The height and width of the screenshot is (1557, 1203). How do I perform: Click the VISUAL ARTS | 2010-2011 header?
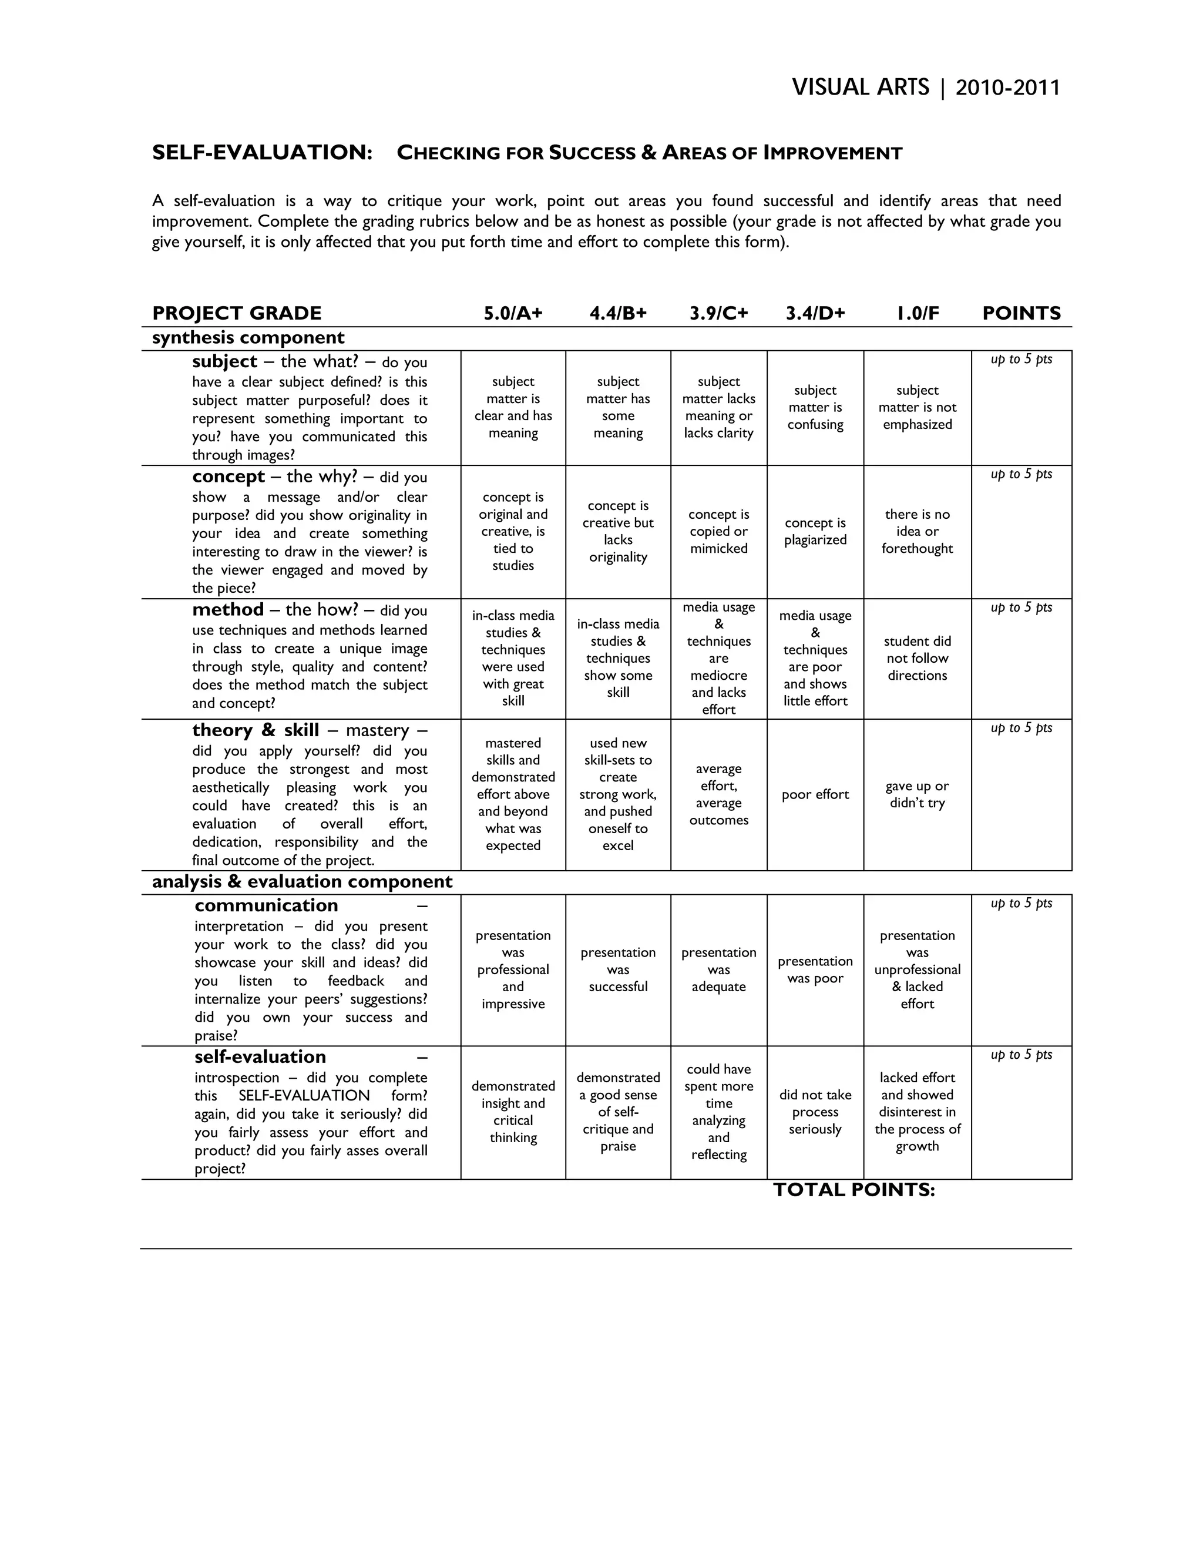926,88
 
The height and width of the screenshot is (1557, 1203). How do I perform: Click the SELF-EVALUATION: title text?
262,153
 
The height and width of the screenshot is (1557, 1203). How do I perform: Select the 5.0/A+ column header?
513,313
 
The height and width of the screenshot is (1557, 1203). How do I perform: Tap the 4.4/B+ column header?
618,313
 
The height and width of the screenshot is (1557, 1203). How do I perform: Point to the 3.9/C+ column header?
718,313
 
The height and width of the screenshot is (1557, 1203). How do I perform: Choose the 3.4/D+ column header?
815,313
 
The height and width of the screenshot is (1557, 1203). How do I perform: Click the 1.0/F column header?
917,313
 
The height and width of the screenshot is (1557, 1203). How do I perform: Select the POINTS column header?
1021,313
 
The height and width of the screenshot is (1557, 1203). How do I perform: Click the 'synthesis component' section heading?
248,338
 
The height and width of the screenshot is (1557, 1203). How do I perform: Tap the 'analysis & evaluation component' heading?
302,882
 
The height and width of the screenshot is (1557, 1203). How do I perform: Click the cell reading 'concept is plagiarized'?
815,532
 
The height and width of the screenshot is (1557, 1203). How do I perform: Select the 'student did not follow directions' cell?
917,659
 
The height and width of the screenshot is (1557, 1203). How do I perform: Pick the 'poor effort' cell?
815,795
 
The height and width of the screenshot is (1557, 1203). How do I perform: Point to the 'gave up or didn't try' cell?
917,795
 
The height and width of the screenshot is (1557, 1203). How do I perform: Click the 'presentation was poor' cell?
815,970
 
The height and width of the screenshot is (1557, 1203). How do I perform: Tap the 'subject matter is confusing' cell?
815,408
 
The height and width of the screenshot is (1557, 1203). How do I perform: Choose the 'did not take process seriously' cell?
815,1112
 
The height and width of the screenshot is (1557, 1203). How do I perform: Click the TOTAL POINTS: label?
853,1190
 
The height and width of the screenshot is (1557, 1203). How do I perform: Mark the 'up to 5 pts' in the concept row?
1021,475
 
